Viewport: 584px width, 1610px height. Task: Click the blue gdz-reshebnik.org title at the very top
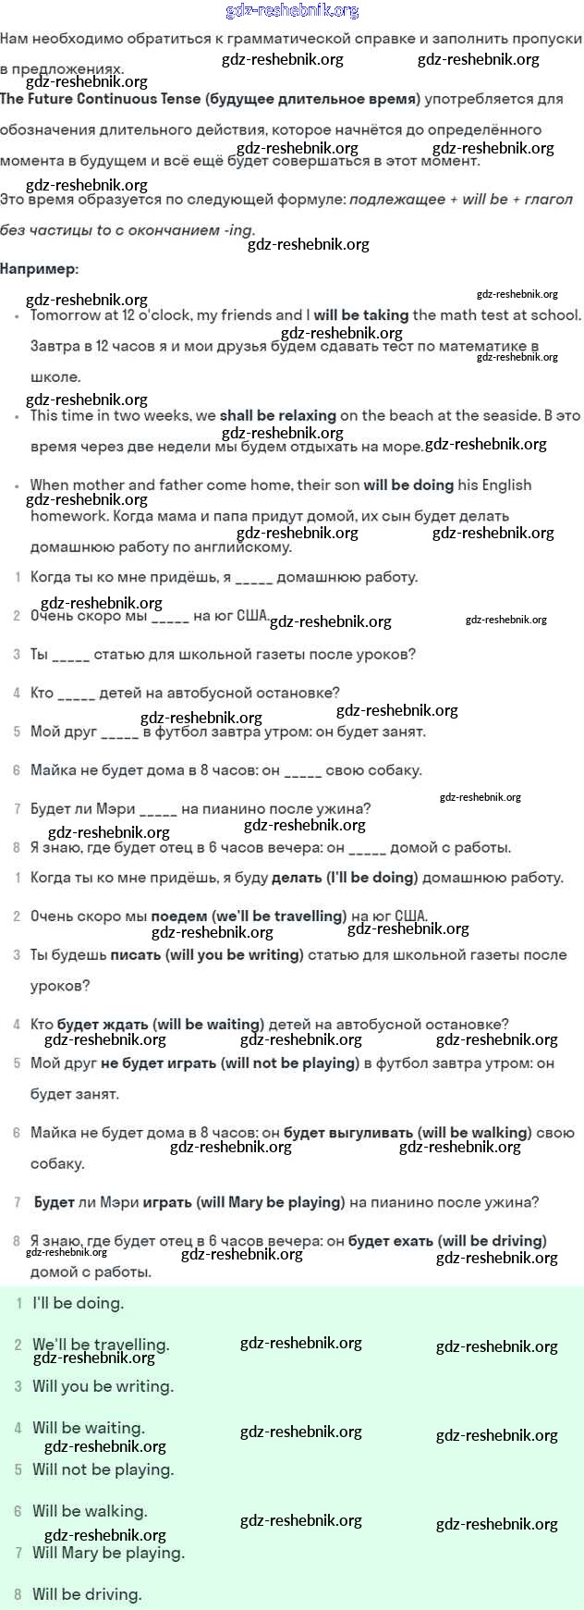click(x=292, y=11)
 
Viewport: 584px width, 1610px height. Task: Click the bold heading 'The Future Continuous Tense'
click(x=101, y=99)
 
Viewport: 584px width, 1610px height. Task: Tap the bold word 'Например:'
click(x=40, y=269)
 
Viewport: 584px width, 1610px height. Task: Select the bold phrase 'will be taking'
click(x=361, y=315)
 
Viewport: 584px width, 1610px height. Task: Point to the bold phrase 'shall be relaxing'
click(x=277, y=416)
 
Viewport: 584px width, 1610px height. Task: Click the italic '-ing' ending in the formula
click(x=238, y=230)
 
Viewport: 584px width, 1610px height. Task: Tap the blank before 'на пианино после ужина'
click(x=158, y=810)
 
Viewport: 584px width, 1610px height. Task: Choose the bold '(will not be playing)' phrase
click(x=289, y=1063)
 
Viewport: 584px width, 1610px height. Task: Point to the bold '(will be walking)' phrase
click(x=474, y=1133)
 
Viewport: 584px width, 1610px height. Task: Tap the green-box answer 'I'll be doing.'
click(x=78, y=1304)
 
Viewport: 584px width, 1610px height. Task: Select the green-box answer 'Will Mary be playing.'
click(x=108, y=1554)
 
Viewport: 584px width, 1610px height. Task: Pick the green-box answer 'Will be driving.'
click(x=87, y=1594)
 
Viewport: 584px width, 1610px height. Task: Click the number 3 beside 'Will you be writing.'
click(x=18, y=1387)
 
